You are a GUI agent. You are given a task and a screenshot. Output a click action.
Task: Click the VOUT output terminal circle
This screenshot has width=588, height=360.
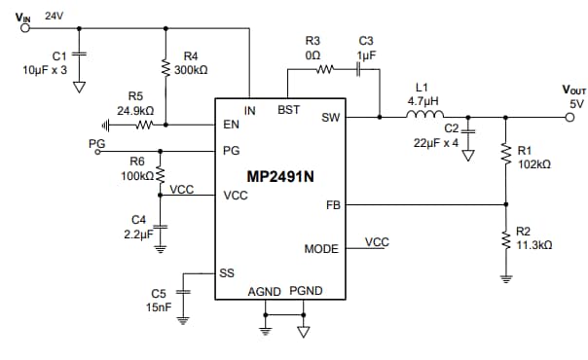pos(572,117)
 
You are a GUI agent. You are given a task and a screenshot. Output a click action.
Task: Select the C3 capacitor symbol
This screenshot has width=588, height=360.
pos(357,70)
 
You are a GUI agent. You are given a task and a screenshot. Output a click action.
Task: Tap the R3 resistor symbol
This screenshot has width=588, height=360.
pos(324,70)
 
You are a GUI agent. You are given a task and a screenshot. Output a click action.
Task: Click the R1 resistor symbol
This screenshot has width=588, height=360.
pos(506,154)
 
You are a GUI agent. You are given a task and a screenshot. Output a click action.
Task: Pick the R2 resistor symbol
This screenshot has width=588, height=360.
pos(506,237)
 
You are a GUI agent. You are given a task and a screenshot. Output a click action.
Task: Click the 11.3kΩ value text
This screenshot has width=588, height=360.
pos(535,246)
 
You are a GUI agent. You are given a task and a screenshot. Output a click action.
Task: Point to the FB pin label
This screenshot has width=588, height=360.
pos(332,205)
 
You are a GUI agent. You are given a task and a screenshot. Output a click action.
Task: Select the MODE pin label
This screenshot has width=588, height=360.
pos(321,249)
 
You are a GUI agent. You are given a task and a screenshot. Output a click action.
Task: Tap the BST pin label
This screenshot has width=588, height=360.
pos(289,110)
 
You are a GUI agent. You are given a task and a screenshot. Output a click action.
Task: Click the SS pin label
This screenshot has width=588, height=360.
pos(226,273)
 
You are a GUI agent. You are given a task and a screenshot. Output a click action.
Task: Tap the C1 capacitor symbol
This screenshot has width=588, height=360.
pos(80,54)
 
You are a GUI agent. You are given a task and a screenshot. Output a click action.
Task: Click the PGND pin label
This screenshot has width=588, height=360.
pos(306,291)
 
